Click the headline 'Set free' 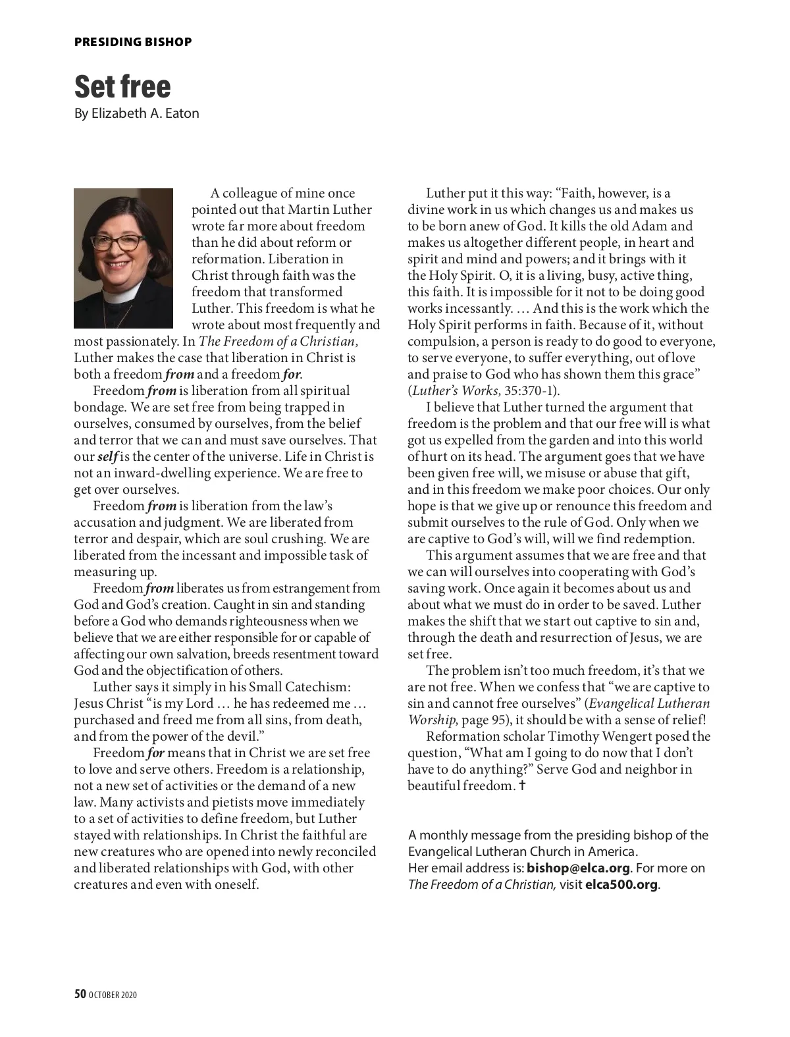(x=122, y=86)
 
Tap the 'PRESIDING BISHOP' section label (x=133, y=42)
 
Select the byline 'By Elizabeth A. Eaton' (x=136, y=113)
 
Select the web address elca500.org (x=621, y=884)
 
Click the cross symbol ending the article (x=522, y=785)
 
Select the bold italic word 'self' (x=107, y=456)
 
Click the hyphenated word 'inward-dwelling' (x=155, y=473)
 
